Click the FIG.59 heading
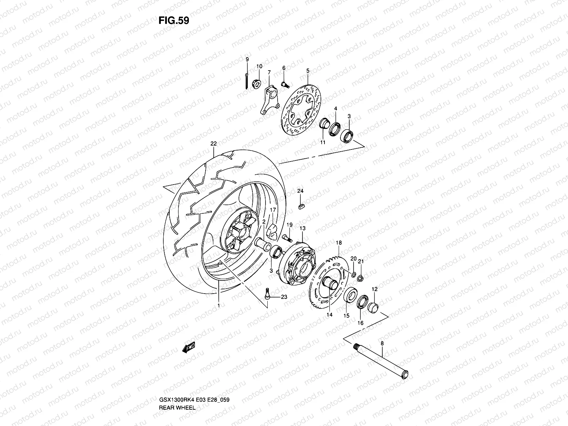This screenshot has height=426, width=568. pyautogui.click(x=174, y=21)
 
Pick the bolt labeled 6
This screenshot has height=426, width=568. pyautogui.click(x=284, y=84)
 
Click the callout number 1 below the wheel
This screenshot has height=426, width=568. pyautogui.click(x=219, y=305)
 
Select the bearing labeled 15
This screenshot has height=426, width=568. pyautogui.click(x=351, y=295)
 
